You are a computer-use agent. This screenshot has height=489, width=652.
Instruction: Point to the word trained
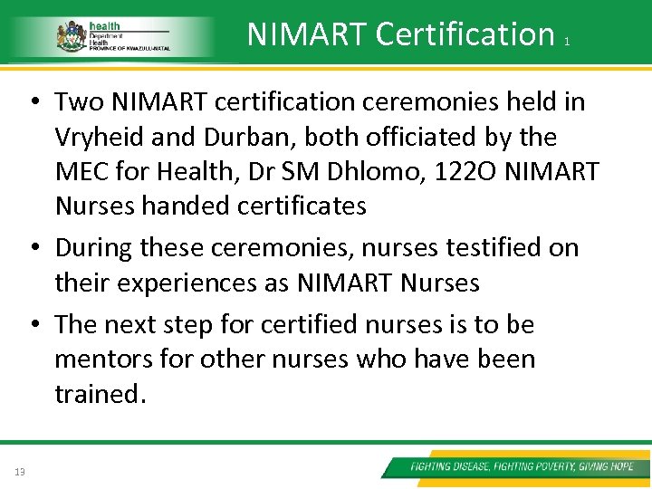click(x=97, y=394)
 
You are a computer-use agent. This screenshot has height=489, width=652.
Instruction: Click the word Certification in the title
click(x=465, y=34)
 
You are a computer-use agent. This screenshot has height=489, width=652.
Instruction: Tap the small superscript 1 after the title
click(x=566, y=42)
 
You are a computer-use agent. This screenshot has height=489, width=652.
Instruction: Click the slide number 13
click(x=20, y=470)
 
